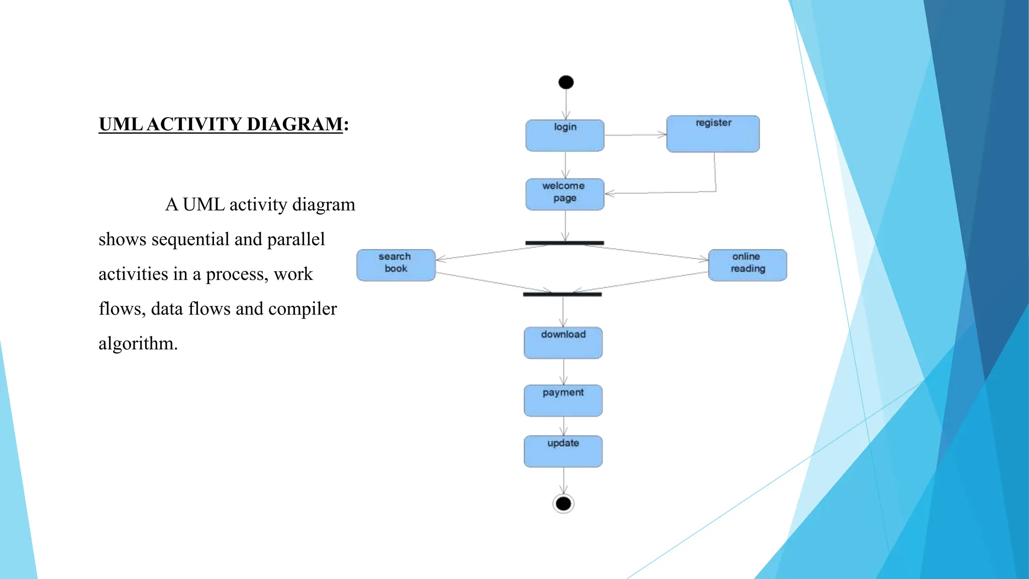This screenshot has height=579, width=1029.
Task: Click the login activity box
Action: [x=565, y=136]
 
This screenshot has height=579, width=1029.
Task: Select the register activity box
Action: [x=713, y=134]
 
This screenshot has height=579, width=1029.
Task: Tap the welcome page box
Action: [x=565, y=194]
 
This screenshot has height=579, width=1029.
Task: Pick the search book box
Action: [x=396, y=265]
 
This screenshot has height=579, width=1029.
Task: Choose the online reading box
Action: [x=748, y=265]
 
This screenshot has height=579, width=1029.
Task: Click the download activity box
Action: [x=563, y=343]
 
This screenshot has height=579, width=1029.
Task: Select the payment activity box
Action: [x=563, y=401]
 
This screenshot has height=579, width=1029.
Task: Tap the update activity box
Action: [x=563, y=451]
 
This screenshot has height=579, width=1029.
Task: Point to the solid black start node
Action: [x=566, y=82]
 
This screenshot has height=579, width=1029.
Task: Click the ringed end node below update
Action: [x=563, y=503]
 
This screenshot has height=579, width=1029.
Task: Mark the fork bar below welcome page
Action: [x=565, y=243]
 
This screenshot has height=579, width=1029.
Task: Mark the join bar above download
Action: [x=562, y=294]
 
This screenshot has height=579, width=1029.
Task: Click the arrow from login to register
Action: [x=635, y=135]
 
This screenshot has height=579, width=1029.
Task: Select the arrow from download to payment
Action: [x=564, y=372]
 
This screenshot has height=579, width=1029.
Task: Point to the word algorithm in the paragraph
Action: [x=138, y=344]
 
